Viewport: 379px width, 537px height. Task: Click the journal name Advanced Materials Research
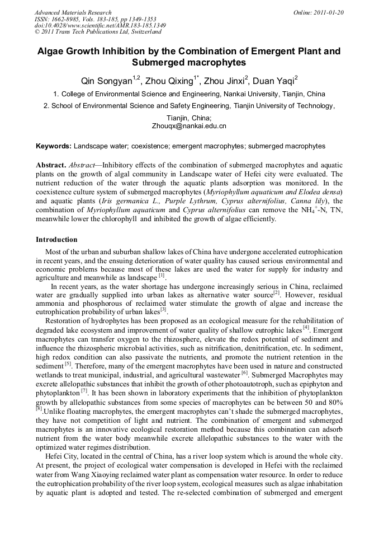(x=73, y=12)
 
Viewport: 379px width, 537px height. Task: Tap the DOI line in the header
(x=100, y=26)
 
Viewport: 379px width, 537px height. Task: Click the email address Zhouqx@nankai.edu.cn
(x=189, y=127)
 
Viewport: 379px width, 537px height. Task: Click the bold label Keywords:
(x=54, y=146)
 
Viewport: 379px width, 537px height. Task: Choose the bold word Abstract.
(x=50, y=166)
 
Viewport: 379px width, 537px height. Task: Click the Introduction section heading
(x=56, y=240)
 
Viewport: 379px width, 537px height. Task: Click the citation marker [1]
(x=162, y=275)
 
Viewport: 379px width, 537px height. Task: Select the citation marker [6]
(x=244, y=372)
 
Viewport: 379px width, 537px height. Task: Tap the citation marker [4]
(x=306, y=328)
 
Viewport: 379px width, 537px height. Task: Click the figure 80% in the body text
(x=334, y=401)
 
